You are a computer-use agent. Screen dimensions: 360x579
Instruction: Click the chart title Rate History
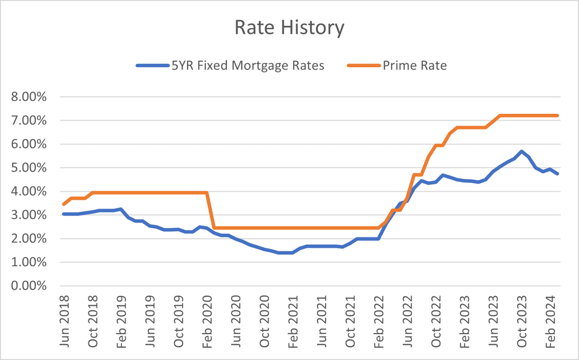click(x=289, y=27)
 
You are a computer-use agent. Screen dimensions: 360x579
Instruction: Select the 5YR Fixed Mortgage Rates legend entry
click(x=248, y=66)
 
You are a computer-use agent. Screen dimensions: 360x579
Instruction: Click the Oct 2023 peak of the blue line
click(x=522, y=152)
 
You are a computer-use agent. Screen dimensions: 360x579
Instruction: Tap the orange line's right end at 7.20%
click(x=558, y=115)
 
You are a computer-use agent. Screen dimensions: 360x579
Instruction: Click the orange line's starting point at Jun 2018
click(x=64, y=204)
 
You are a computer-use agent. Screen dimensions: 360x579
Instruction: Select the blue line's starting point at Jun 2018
click(x=64, y=214)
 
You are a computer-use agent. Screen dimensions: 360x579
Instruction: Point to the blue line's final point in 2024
click(x=558, y=174)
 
